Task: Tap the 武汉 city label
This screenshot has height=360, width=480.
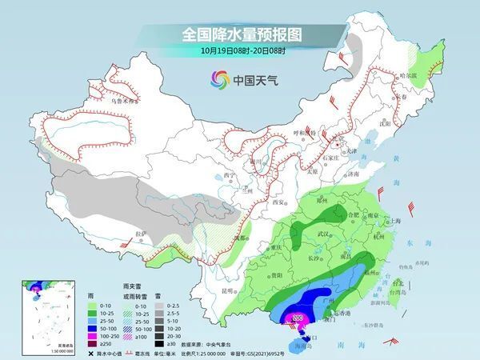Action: point(322,233)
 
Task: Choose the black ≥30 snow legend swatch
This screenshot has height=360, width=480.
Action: point(159,343)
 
